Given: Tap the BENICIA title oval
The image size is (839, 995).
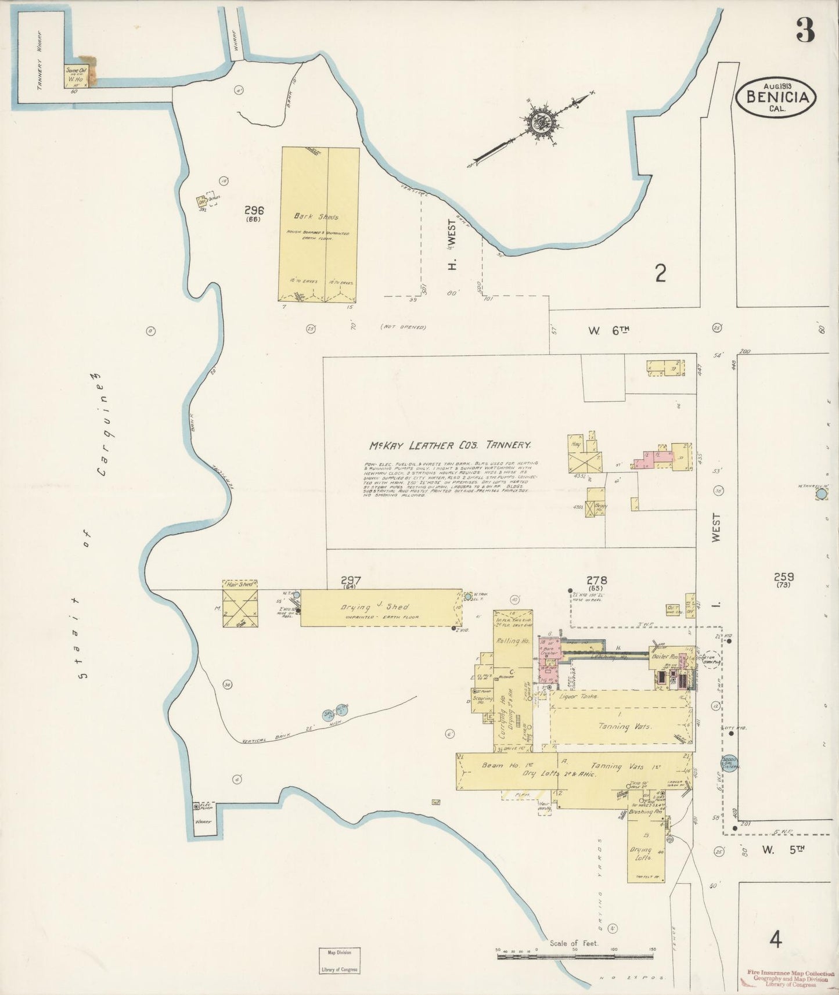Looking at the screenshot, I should (x=775, y=98).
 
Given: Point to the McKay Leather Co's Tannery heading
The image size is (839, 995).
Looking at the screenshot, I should (x=450, y=446).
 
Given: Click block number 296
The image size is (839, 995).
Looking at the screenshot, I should (x=254, y=211).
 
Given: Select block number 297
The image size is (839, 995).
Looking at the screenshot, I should (x=351, y=580).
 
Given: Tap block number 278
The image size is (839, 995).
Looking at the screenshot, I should (x=596, y=580).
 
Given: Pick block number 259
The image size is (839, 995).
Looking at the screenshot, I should (x=783, y=577).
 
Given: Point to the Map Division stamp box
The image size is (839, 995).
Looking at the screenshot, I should (x=340, y=961).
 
